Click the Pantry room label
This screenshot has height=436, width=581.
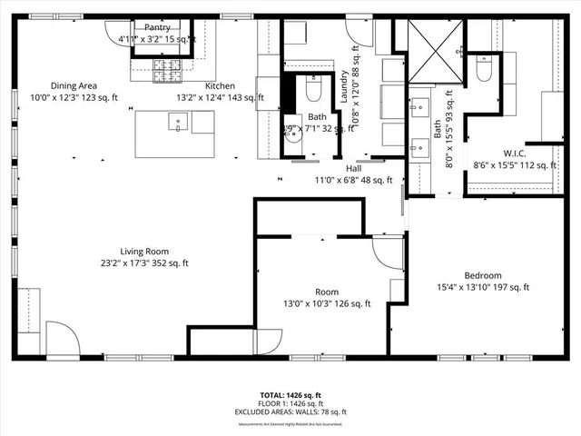[x=157, y=27]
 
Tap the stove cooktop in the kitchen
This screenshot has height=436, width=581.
[x=168, y=67]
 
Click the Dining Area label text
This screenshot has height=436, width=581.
[x=74, y=85]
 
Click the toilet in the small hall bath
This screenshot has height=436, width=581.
[x=313, y=88]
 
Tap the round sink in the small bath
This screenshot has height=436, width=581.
[x=290, y=130]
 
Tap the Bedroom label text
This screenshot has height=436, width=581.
[x=483, y=275]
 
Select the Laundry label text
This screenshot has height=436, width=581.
[x=345, y=87]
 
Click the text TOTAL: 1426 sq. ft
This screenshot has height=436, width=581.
[x=290, y=395]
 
